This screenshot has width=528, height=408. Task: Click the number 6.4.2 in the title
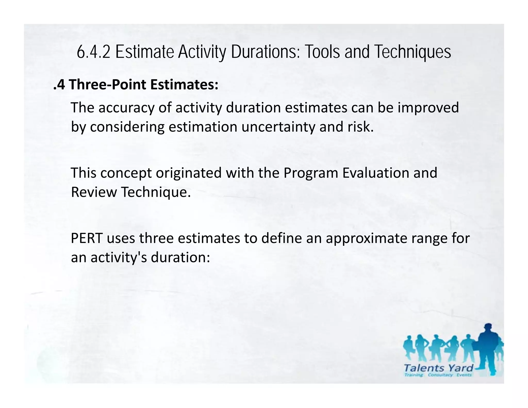pyautogui.click(x=93, y=52)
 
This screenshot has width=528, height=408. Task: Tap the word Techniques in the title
pyautogui.click(x=412, y=52)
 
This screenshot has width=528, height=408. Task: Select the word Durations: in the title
pyautogui.click(x=265, y=52)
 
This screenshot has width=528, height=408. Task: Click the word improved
pyautogui.click(x=428, y=108)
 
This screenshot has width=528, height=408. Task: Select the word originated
pyautogui.click(x=188, y=173)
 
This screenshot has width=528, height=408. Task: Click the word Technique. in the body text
pyautogui.click(x=156, y=192)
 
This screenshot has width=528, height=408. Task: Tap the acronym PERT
pyautogui.click(x=87, y=238)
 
